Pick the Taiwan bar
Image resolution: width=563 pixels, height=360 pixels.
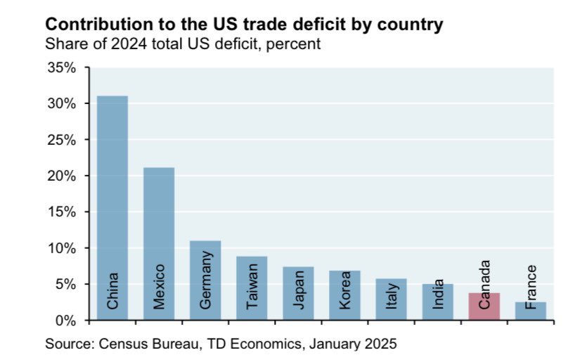[x=252, y=288]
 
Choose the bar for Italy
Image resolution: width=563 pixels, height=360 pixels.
[x=391, y=299]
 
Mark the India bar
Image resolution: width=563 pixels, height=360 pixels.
[x=437, y=302]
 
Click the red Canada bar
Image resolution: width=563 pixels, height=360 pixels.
[x=484, y=307]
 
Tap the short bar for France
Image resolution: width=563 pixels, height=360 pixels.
[x=530, y=311]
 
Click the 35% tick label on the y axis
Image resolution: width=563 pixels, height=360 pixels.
[x=62, y=67]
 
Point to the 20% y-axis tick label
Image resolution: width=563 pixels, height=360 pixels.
[x=62, y=176]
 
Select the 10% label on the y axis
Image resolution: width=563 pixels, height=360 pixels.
[x=62, y=248]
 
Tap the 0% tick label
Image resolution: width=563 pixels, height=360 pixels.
[x=65, y=321]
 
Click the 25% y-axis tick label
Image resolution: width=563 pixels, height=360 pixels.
[x=62, y=140]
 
